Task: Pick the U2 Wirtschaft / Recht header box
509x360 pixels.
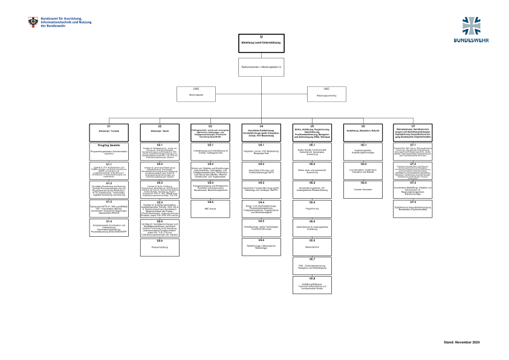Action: (160, 130)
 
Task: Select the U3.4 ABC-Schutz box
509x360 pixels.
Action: (211, 204)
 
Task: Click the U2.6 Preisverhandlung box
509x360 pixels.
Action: (160, 245)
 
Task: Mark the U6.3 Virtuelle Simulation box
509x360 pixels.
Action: (363, 186)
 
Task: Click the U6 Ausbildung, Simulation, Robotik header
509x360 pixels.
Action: (363, 130)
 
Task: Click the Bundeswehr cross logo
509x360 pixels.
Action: (474, 27)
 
